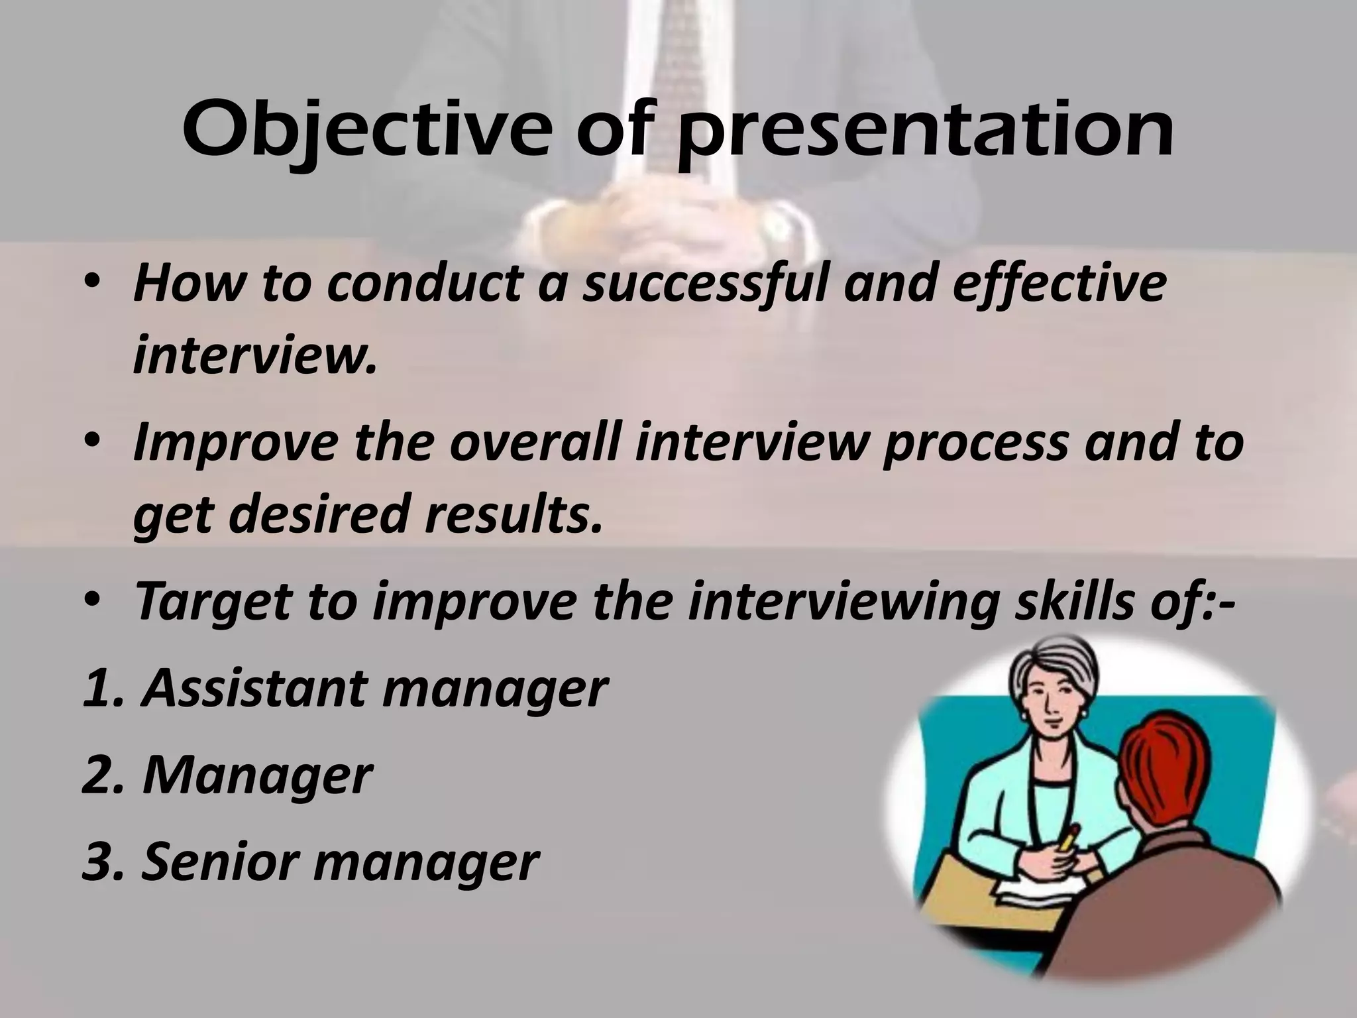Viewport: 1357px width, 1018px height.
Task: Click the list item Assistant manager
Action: [x=374, y=689]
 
